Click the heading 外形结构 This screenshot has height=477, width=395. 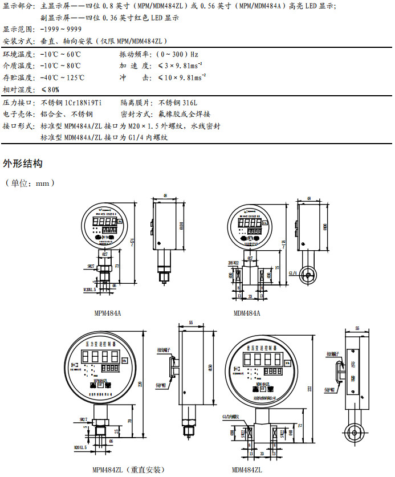[x=23, y=164]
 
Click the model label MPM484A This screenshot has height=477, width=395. [x=107, y=313]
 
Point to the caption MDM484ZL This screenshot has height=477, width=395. [x=247, y=470]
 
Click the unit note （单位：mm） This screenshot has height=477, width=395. [x=30, y=184]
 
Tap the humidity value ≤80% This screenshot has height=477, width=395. [x=50, y=89]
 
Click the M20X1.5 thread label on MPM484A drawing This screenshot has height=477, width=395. [x=89, y=290]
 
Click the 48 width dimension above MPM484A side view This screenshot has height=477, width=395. [x=165, y=196]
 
